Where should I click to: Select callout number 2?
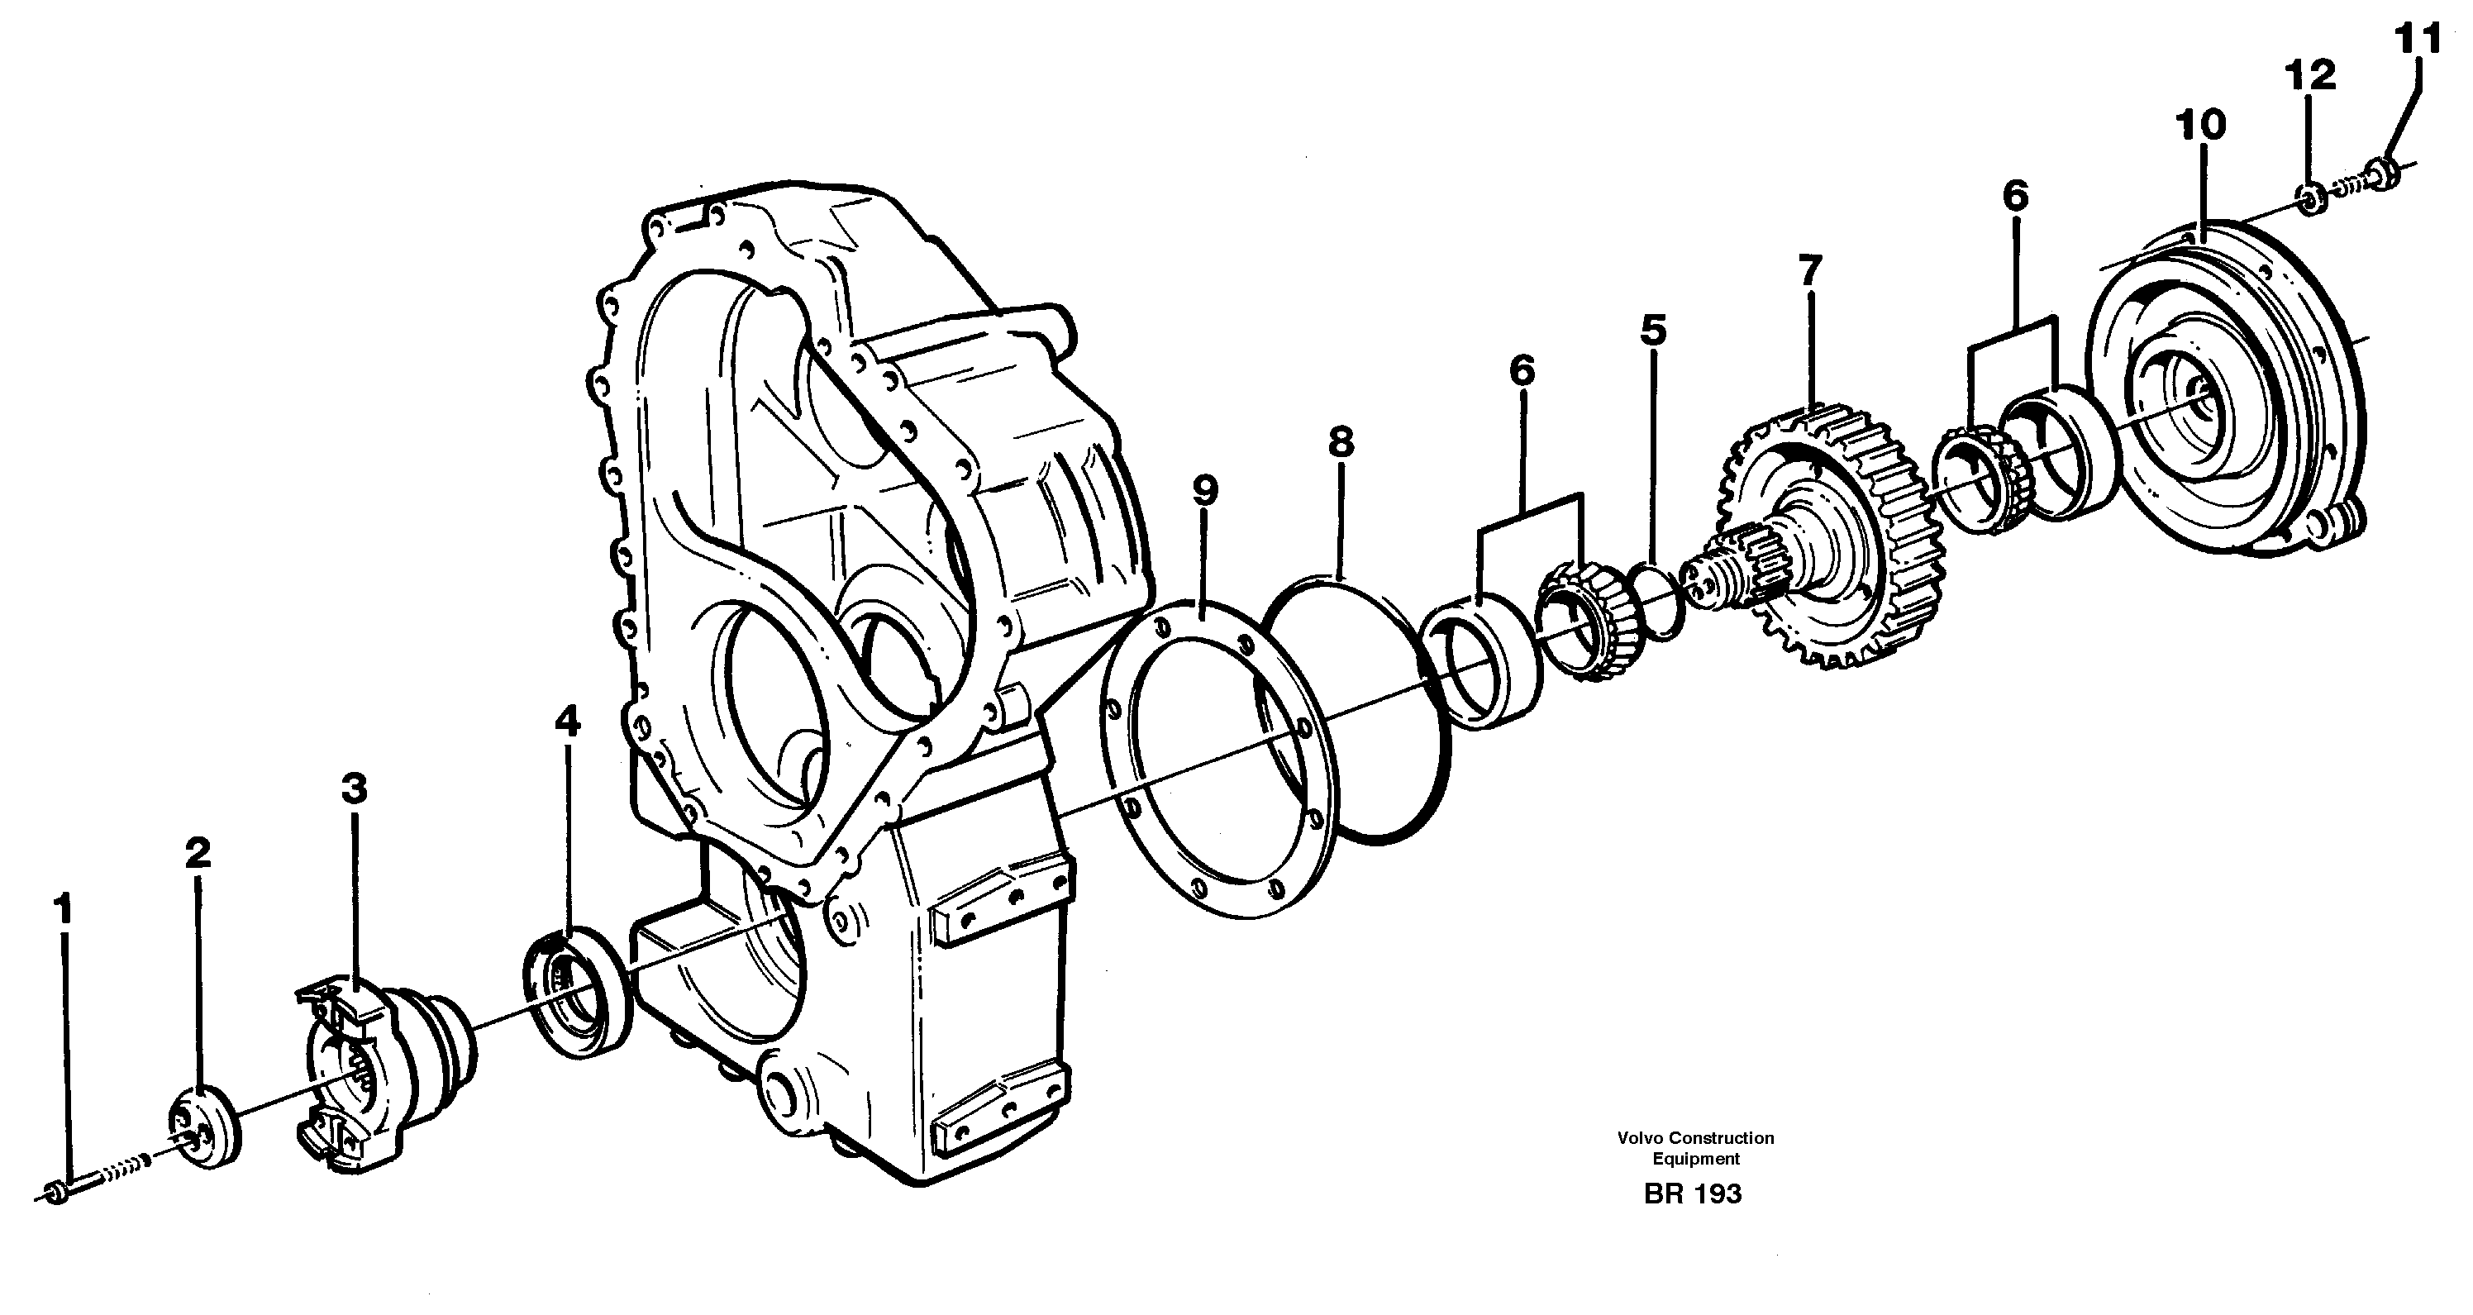click(x=198, y=853)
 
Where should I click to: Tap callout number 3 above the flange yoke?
click(x=355, y=789)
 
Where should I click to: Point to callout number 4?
click(x=567, y=722)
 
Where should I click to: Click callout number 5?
click(x=1653, y=329)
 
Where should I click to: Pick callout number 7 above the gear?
click(x=1809, y=270)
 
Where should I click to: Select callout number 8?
click(x=1341, y=442)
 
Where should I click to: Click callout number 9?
click(x=1205, y=490)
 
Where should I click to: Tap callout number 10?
click(x=2200, y=125)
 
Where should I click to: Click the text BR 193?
click(x=1693, y=1194)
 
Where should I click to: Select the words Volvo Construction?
click(x=1695, y=1138)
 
